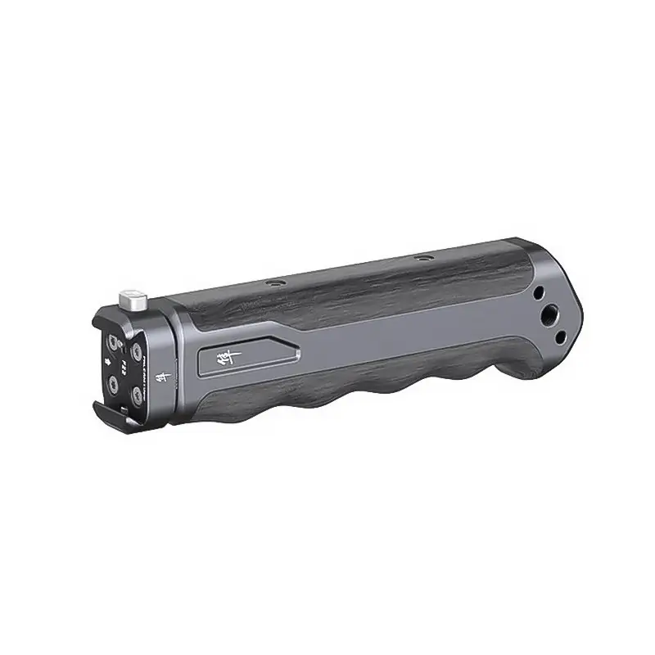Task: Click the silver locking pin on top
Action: [133, 299]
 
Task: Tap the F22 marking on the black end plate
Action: [123, 368]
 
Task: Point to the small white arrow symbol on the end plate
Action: [107, 361]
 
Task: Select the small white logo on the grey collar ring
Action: [163, 377]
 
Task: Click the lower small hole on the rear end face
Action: [561, 337]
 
